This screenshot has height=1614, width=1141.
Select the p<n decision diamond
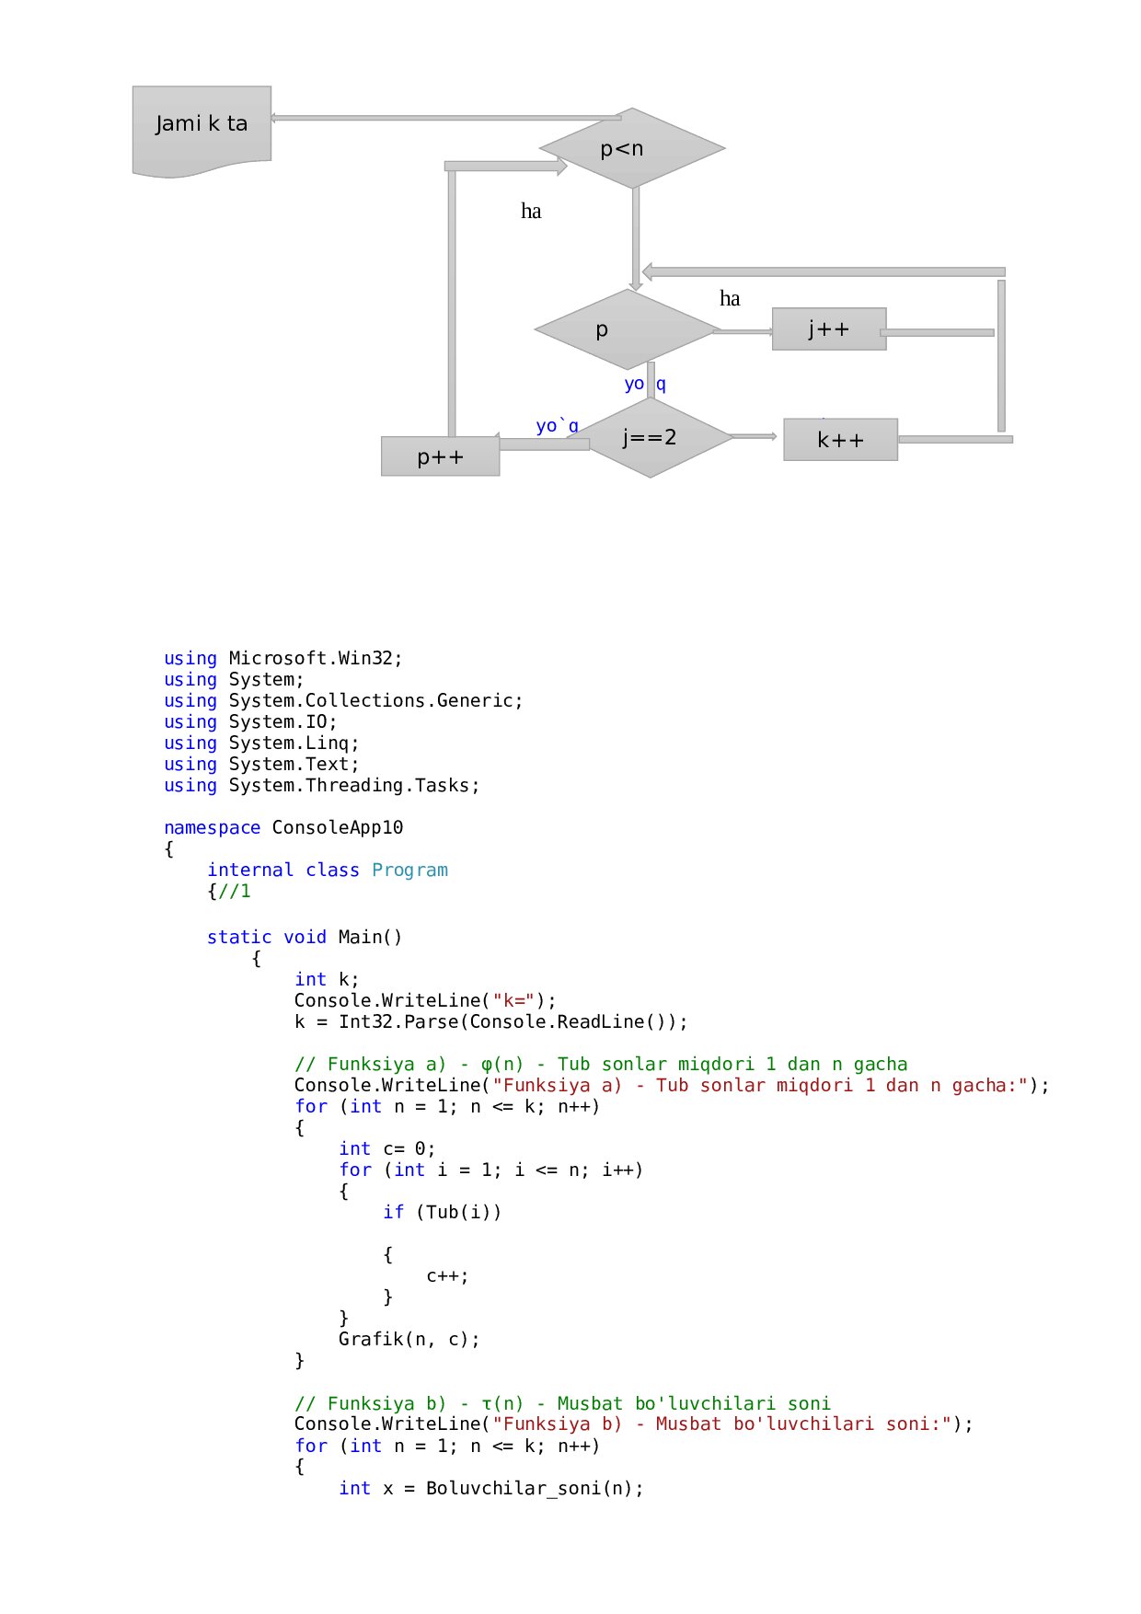pyautogui.click(x=632, y=148)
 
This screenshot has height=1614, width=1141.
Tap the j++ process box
pyautogui.click(x=828, y=329)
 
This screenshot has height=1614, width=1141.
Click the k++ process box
pyautogui.click(x=840, y=440)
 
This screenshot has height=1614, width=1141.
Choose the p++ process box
pyautogui.click(x=440, y=456)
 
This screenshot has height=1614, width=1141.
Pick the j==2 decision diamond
pyautogui.click(x=650, y=437)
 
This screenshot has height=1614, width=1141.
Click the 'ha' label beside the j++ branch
pyautogui.click(x=730, y=298)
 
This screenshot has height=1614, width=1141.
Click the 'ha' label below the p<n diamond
pyautogui.click(x=531, y=212)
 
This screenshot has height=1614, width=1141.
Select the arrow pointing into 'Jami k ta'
pyautogui.click(x=442, y=118)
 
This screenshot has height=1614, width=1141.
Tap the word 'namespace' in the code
pyautogui.click(x=212, y=827)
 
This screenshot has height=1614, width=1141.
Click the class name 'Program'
pyautogui.click(x=409, y=870)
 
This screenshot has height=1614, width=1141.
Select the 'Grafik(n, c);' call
pyautogui.click(x=409, y=1339)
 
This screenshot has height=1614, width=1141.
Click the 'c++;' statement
pyautogui.click(x=447, y=1275)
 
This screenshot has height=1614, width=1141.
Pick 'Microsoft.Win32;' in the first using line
pyautogui.click(x=316, y=658)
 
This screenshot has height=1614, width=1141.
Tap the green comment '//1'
pyautogui.click(x=235, y=891)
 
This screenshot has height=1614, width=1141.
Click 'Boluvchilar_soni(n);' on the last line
pyautogui.click(x=535, y=1488)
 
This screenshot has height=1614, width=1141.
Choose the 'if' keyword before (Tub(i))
pyautogui.click(x=393, y=1212)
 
